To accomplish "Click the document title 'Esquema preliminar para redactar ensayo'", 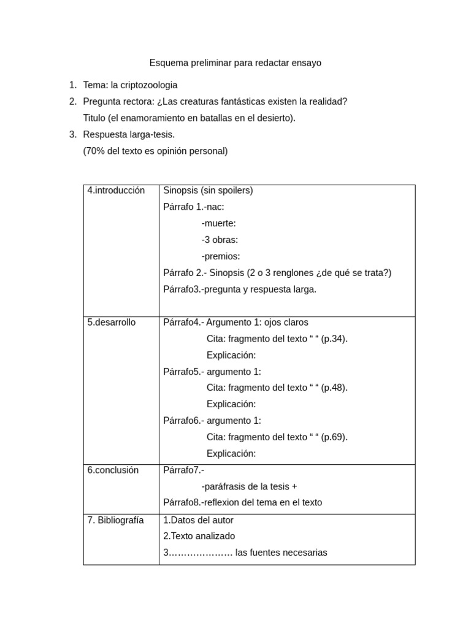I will click(x=235, y=63).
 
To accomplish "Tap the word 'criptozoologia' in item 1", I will click(x=144, y=85).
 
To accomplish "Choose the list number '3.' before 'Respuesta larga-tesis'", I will click(x=73, y=134).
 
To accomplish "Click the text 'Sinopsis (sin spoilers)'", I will click(x=208, y=190).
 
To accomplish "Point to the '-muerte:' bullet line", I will click(x=218, y=223).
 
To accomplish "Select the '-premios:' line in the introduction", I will click(x=220, y=256).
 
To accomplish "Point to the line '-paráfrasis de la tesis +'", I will click(x=249, y=486).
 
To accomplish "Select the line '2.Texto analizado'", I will click(x=199, y=536).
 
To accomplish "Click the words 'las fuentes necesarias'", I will click(x=281, y=553).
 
